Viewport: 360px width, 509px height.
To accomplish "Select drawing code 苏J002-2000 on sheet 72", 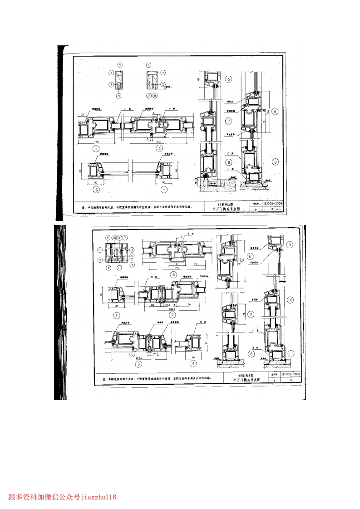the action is click(291, 374).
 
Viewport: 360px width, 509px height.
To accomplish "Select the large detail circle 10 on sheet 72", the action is click(291, 299).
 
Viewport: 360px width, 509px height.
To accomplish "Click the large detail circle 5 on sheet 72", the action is click(173, 274).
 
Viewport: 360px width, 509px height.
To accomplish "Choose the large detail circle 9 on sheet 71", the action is click(275, 161).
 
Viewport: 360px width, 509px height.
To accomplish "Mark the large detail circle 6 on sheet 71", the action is click(275, 111).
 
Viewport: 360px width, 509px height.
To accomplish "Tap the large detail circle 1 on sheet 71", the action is click(96, 148).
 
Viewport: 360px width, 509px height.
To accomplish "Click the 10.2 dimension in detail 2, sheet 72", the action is click(167, 305).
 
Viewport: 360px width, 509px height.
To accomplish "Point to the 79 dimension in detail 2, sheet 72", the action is click(188, 305).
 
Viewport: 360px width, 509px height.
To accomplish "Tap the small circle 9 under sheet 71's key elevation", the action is click(119, 96).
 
